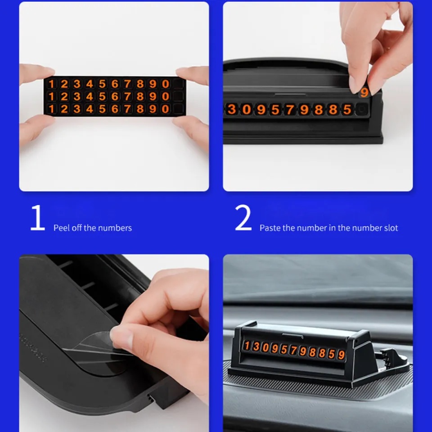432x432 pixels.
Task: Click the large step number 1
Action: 38,218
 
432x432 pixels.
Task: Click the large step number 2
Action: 243,218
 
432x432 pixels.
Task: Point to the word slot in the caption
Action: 391,228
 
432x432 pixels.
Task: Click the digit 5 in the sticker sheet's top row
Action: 102,84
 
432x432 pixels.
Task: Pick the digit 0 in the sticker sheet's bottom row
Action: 165,109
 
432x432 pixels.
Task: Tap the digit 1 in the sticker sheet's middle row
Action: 51,96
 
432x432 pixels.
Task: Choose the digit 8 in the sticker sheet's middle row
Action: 140,96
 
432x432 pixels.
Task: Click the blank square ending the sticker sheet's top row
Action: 178,84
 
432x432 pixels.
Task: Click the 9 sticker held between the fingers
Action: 364,92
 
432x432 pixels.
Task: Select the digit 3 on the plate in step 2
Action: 232,109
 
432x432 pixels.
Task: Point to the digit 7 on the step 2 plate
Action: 289,109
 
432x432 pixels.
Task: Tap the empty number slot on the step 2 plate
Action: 362,109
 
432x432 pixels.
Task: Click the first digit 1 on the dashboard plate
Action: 247,346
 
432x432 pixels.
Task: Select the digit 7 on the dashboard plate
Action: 294,351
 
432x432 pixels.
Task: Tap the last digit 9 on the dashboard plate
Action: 342,355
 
